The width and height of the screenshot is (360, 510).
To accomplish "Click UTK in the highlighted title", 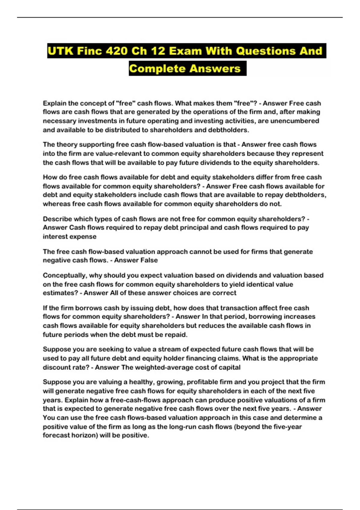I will pos(60,51).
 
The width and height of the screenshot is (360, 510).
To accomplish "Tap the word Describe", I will pos(57,219).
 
